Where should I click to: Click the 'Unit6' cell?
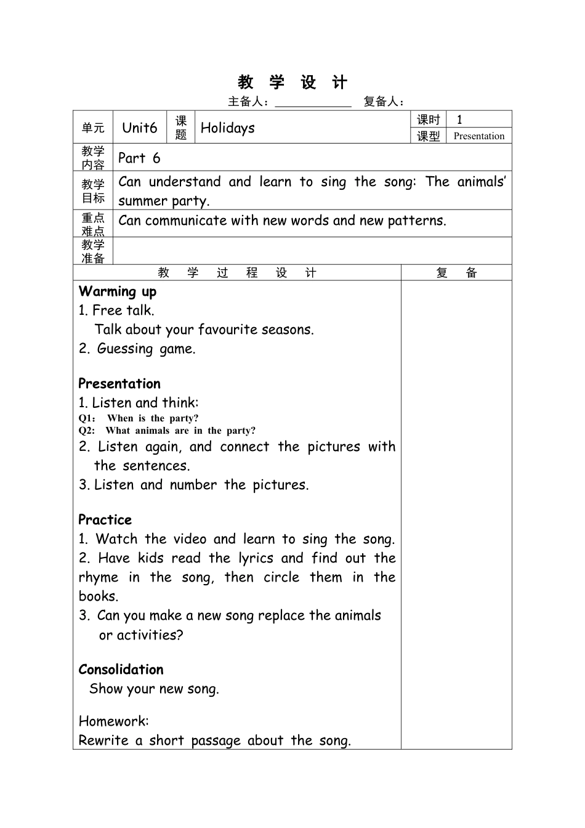coord(140,128)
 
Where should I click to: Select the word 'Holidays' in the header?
coord(227,128)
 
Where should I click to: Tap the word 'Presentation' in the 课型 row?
coord(478,136)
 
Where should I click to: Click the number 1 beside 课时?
coord(459,120)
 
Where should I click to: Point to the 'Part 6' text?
coord(139,158)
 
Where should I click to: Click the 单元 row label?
coord(93,128)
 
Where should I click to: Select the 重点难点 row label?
coord(93,224)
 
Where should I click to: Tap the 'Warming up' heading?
coord(118,291)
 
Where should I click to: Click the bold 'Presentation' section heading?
coord(119,383)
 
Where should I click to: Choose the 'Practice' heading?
coord(105,519)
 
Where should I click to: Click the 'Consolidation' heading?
coord(121,669)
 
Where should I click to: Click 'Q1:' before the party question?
coord(87,418)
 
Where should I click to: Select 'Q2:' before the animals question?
coord(87,431)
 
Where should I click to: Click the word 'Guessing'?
coord(125,349)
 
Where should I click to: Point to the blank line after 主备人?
coord(313,102)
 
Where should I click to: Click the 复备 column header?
coord(456,273)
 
